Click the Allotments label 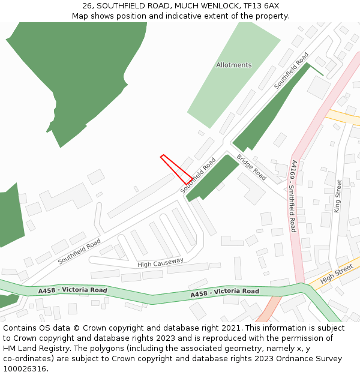click(234, 65)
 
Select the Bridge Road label click(251, 167)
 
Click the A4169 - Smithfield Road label click(293, 196)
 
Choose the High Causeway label click(160, 263)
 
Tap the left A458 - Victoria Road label click(72, 290)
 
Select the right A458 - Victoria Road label click(224, 292)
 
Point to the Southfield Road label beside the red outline click(198, 176)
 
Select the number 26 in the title click(88, 5)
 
